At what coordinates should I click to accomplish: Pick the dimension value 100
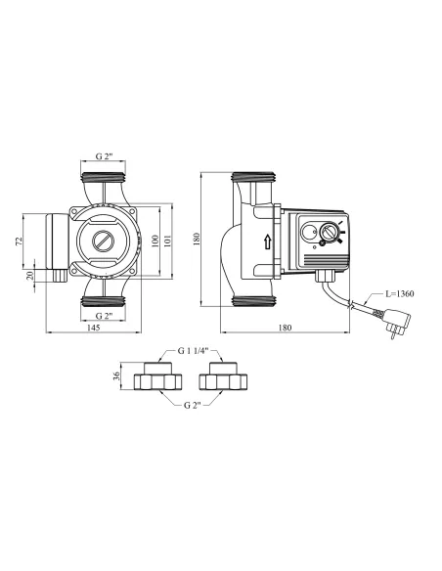tap(153, 240)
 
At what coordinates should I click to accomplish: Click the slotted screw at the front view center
tap(103, 240)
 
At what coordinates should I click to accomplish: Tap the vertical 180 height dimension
tap(197, 239)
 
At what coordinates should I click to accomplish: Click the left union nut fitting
tap(156, 377)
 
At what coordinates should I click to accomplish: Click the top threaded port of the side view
tap(253, 180)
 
